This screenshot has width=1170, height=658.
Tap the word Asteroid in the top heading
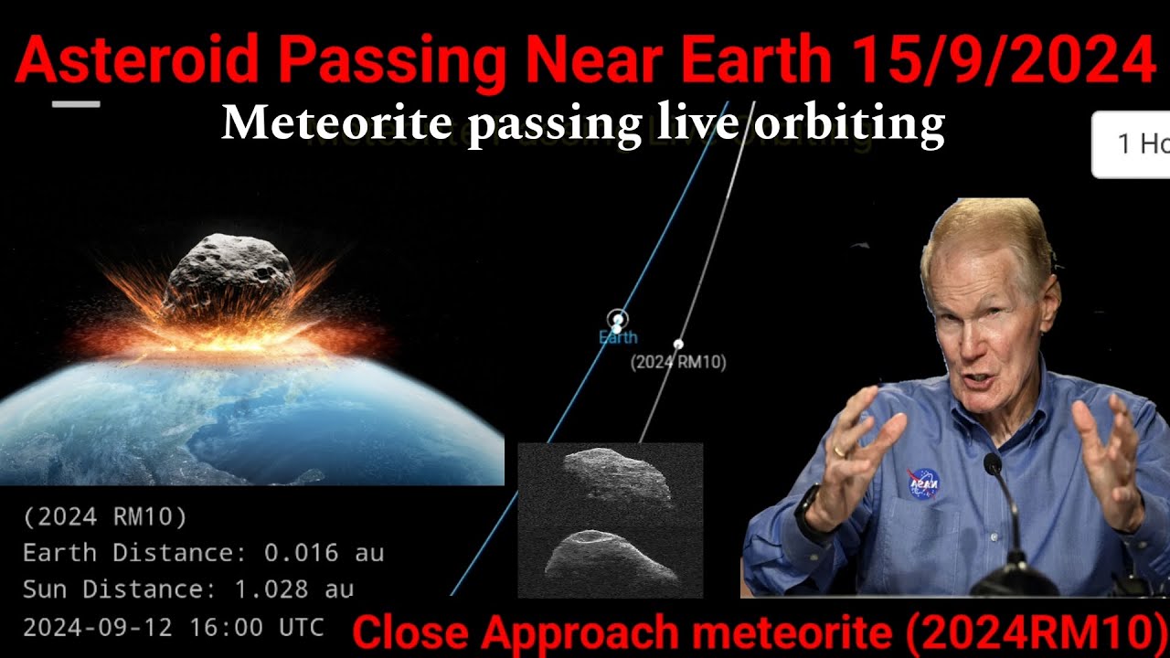coord(127,60)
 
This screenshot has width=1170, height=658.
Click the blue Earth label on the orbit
coord(618,338)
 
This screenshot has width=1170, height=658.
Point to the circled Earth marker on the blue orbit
coord(618,320)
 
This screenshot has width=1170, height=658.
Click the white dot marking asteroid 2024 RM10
coord(678,345)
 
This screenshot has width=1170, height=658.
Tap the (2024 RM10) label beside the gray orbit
coord(678,363)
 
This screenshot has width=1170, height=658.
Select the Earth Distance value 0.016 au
coord(324,553)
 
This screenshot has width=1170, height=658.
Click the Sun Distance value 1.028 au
coord(308,589)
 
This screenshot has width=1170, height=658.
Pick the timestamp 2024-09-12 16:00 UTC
coord(174,627)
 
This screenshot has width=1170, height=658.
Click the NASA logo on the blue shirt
coord(923,483)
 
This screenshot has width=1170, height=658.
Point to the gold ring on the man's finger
coord(839,451)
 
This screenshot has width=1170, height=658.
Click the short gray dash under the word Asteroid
coord(76,104)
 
